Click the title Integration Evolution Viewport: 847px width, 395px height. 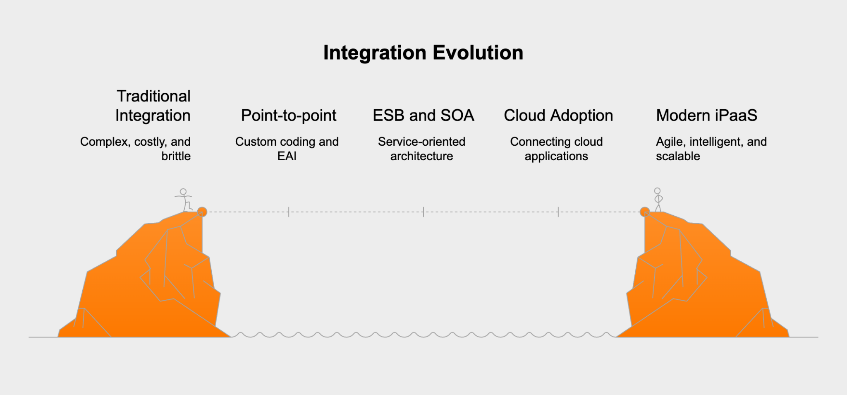coord(423,53)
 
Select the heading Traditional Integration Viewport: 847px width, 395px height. coord(153,106)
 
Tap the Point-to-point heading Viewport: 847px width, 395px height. coord(289,116)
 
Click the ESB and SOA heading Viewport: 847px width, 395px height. coord(423,116)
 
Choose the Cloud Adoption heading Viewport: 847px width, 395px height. coord(558,116)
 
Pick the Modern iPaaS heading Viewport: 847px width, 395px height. coord(706,116)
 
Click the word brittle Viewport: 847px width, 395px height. coord(176,156)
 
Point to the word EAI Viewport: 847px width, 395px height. coord(287,156)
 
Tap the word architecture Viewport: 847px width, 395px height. coord(421,156)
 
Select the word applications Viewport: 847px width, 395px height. coord(556,156)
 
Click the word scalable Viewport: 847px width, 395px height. coord(678,156)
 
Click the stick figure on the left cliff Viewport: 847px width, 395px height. coord(184,200)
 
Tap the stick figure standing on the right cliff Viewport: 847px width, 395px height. coord(658,200)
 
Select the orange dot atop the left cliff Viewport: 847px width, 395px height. coord(202,212)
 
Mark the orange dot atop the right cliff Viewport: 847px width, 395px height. coord(644,212)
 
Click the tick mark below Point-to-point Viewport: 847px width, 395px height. coord(289,212)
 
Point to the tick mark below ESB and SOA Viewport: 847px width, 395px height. coord(423,212)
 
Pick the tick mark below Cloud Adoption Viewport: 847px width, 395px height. coord(558,212)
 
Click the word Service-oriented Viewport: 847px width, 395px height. coord(421,142)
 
